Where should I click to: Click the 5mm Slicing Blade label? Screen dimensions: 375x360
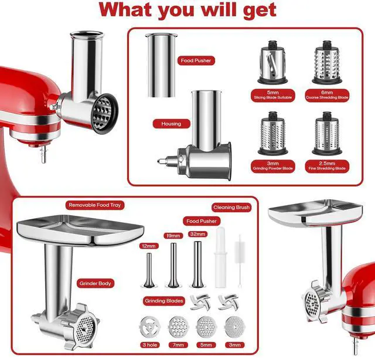click(273, 95)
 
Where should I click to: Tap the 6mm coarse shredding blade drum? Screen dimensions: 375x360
click(327, 63)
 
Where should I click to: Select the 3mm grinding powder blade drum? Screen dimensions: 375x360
click(272, 133)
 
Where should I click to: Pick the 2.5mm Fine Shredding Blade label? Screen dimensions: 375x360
click(327, 166)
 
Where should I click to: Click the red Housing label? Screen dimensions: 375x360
click(171, 124)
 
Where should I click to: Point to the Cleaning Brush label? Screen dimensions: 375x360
click(231, 208)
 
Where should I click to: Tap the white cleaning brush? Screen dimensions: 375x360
click(240, 261)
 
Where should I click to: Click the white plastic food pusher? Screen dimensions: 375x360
click(220, 257)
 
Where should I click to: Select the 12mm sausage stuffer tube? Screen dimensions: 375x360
click(149, 270)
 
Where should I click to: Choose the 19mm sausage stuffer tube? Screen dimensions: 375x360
click(173, 265)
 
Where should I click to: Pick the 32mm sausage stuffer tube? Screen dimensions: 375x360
click(197, 264)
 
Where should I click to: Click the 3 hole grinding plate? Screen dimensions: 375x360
click(150, 327)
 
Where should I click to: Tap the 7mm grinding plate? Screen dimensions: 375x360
click(178, 327)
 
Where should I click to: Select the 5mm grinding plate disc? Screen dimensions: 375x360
click(206, 327)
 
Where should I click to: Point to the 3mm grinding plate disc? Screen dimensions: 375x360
click(235, 327)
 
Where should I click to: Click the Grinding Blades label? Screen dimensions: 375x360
click(164, 301)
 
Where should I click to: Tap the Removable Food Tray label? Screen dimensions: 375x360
click(95, 205)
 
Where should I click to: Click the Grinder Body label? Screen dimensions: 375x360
click(95, 283)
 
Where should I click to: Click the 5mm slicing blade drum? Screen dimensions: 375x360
click(272, 63)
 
